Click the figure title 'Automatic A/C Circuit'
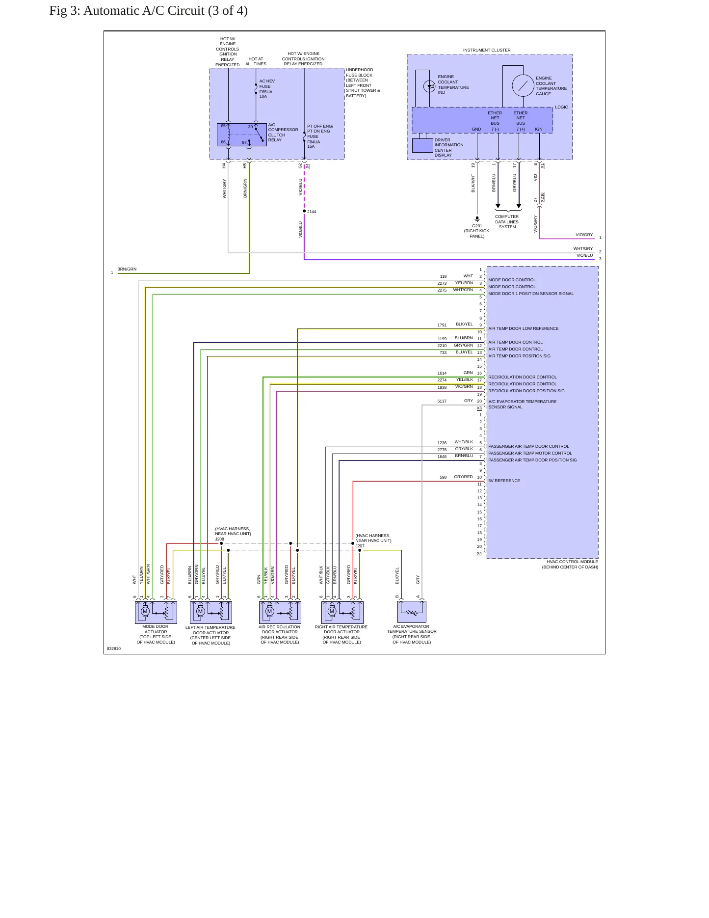144,11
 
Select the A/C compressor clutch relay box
242,135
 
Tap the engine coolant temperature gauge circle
523,86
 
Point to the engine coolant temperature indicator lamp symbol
429,86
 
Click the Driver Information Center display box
422,146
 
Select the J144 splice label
312,212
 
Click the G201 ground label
477,226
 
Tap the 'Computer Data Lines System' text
507,222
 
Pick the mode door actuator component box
156,612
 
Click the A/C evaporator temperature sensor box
412,612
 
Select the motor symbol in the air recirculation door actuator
269,611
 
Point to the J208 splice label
219,539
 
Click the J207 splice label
360,546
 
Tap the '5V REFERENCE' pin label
504,481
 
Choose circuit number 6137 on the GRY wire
442,401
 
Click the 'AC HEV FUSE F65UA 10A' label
267,89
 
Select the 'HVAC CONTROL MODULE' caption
572,562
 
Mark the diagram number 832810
114,648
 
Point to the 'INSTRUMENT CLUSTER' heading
487,50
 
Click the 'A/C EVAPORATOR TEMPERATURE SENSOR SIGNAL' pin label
522,405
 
